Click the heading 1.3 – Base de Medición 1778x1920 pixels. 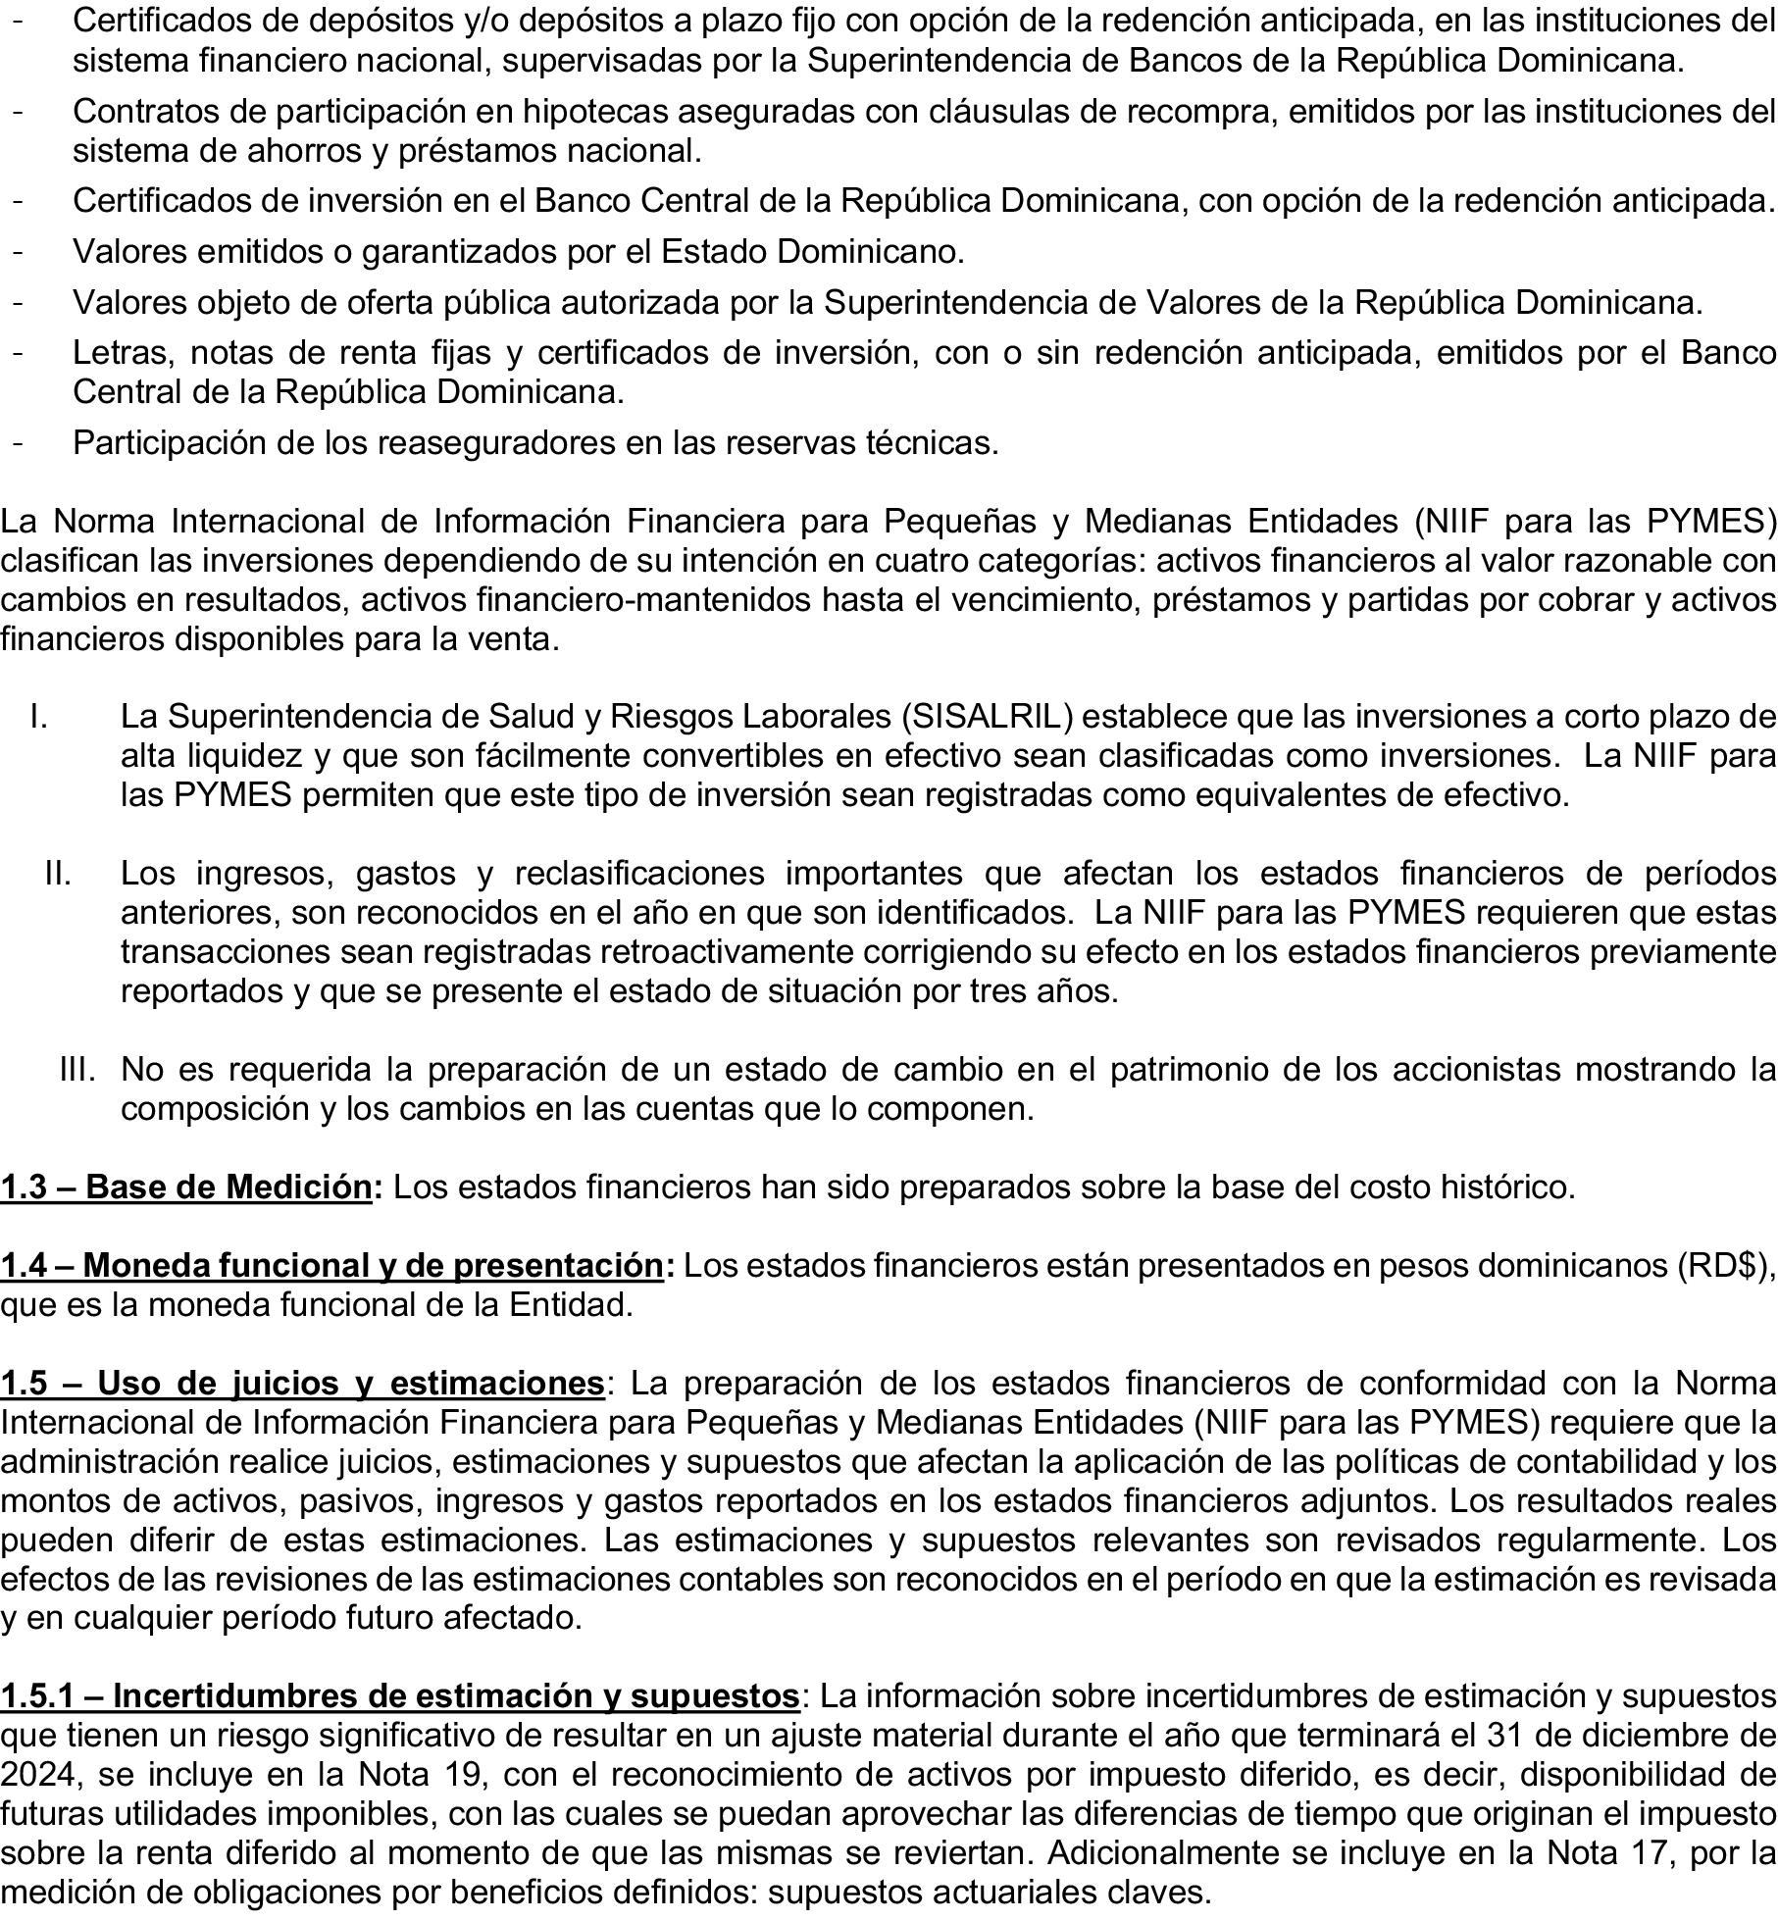(x=186, y=1187)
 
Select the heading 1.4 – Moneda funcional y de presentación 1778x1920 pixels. (x=331, y=1266)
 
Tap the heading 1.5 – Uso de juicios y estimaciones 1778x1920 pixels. (x=302, y=1384)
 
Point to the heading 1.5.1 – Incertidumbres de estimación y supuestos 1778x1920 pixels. (x=400, y=1695)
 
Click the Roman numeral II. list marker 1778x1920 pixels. (x=58, y=873)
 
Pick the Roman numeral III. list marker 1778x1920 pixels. (x=77, y=1069)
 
